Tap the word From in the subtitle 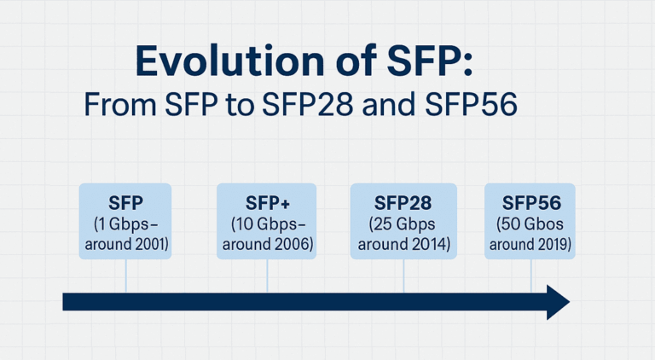(117, 107)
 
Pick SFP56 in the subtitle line (484, 107)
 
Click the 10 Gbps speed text (268, 224)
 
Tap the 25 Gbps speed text (403, 224)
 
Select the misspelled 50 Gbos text (530, 224)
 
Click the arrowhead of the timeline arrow (557, 302)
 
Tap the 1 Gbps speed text (125, 224)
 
